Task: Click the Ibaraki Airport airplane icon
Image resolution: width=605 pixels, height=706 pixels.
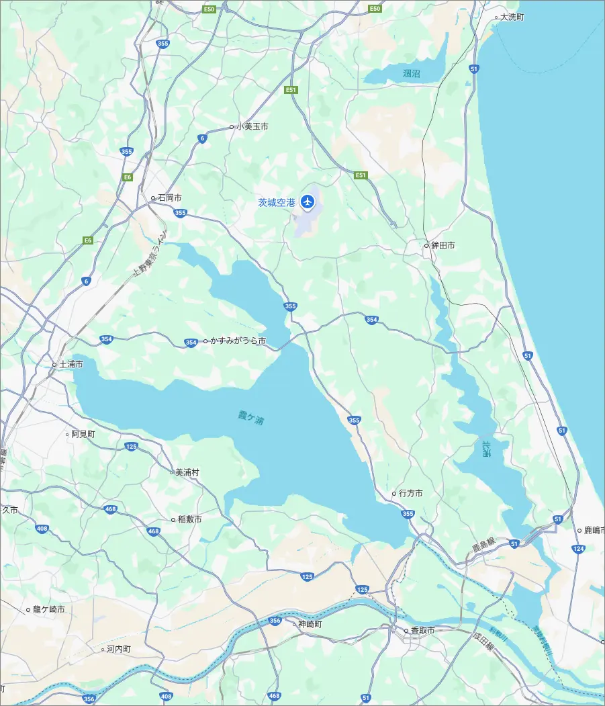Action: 308,201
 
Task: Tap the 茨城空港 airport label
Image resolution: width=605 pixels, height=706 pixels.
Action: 277,202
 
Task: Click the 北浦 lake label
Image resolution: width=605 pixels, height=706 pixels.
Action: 487,449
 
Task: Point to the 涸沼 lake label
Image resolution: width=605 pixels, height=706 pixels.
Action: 411,73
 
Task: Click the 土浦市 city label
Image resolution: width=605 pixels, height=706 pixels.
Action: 71,364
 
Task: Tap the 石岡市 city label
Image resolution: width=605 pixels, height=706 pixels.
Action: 169,198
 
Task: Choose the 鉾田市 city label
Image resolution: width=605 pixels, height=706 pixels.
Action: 443,246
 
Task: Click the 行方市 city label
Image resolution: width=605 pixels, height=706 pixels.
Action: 410,494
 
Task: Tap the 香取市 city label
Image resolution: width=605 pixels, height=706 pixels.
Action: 422,631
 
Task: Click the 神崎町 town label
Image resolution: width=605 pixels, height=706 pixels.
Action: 310,624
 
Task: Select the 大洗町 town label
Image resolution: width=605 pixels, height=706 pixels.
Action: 512,17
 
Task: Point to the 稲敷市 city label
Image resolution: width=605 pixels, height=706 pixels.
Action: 189,519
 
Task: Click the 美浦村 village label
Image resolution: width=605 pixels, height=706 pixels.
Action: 187,472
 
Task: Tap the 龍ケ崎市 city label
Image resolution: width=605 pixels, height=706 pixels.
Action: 49,610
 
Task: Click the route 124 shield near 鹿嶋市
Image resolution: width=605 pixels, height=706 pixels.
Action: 579,549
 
